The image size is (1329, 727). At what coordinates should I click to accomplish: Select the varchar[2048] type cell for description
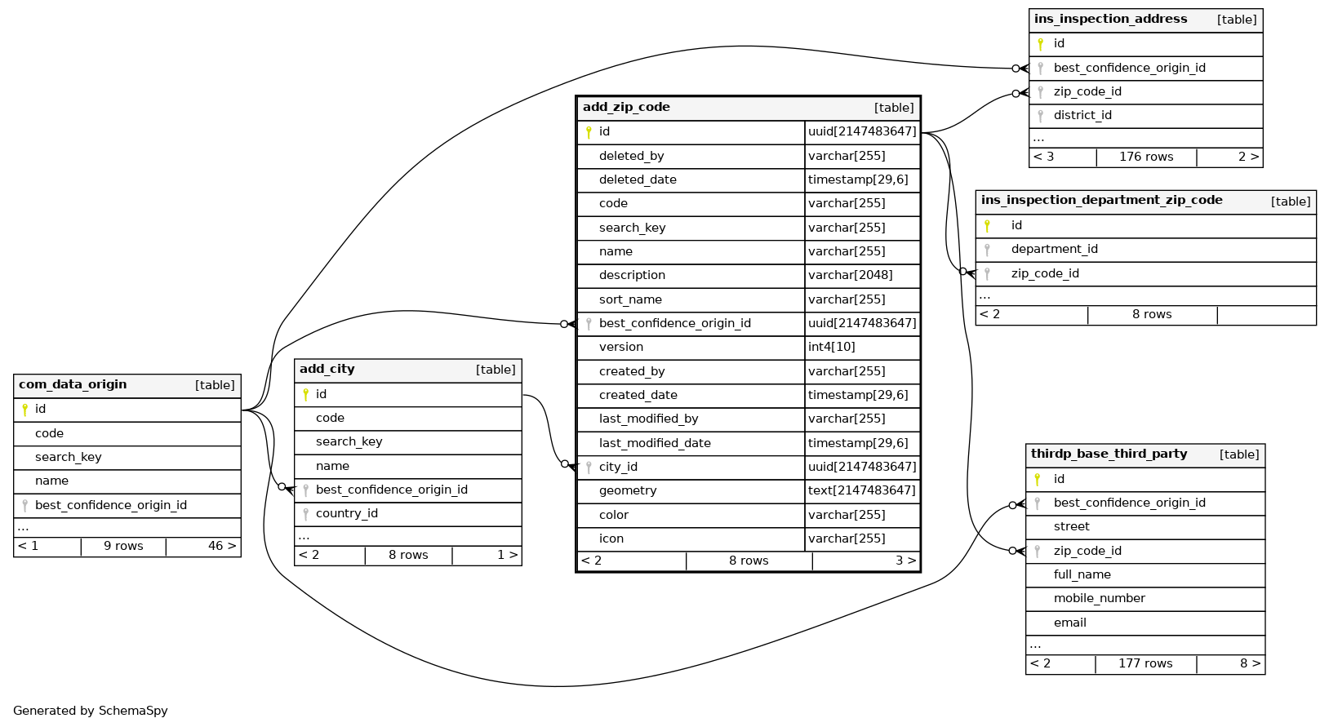[x=850, y=275]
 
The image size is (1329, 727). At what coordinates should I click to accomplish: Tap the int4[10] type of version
[x=831, y=347]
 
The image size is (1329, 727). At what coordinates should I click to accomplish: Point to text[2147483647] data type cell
[x=861, y=490]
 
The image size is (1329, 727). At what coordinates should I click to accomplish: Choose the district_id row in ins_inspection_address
[x=1082, y=115]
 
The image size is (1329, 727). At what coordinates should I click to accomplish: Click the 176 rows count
[x=1145, y=157]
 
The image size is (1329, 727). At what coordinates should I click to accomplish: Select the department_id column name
[x=1054, y=249]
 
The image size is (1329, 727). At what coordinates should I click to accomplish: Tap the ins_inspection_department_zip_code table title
[x=1101, y=201]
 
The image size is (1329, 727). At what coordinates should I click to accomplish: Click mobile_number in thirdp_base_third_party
[x=1099, y=598]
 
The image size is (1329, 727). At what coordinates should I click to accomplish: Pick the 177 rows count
[x=1145, y=663]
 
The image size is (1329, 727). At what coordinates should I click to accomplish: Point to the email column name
[x=1069, y=623]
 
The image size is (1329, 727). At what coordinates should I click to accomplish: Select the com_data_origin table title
[x=73, y=384]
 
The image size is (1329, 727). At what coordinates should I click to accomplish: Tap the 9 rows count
[x=123, y=546]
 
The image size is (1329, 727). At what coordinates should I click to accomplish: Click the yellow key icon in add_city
[x=306, y=394]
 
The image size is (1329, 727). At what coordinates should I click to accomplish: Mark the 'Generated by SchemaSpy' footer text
[x=91, y=711]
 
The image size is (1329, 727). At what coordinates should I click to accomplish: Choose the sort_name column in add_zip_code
[x=630, y=299]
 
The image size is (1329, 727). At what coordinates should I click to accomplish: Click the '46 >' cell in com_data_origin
[x=221, y=546]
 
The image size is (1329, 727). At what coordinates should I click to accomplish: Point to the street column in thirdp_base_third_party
[x=1071, y=526]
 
